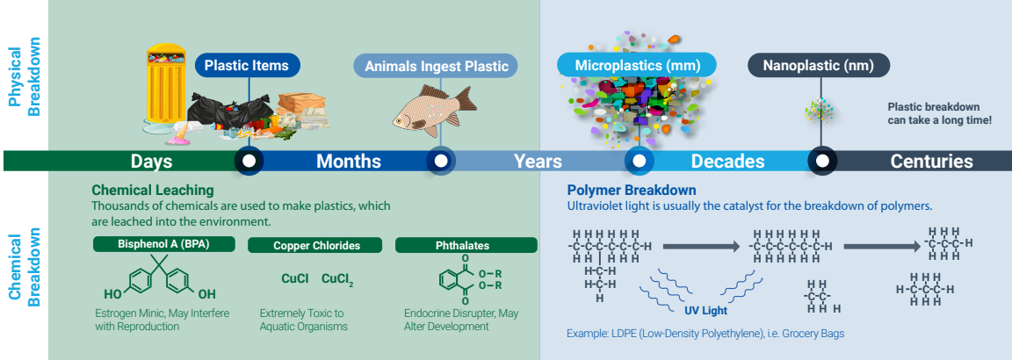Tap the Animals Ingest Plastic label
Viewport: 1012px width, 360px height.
(437, 66)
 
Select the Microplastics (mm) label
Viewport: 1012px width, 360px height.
(637, 65)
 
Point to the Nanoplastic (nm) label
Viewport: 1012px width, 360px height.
(819, 65)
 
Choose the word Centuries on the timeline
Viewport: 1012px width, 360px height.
(931, 161)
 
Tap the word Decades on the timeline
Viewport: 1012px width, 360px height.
(727, 161)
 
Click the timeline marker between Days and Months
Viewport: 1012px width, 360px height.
(249, 161)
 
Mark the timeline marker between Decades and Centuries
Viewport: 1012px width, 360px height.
(821, 161)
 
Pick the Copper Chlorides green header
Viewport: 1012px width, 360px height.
(316, 246)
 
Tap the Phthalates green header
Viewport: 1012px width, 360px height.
(466, 246)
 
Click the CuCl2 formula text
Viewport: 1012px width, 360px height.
(337, 279)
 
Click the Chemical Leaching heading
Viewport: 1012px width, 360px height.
(152, 191)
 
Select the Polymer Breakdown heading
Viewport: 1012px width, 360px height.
(632, 191)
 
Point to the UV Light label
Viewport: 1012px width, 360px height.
(706, 311)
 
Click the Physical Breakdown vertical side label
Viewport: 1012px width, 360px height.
(25, 76)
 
